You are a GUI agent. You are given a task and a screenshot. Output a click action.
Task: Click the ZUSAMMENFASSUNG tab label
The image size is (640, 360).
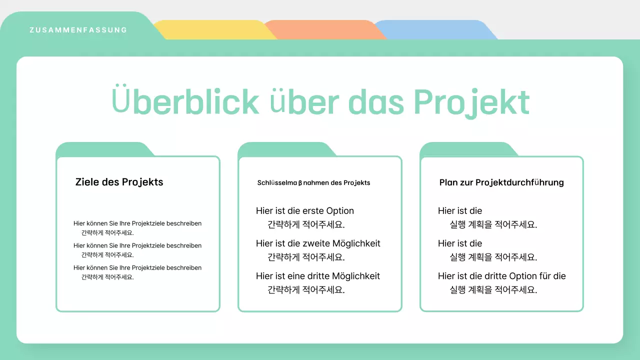(78, 30)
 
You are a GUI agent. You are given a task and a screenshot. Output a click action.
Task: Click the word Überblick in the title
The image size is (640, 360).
(185, 102)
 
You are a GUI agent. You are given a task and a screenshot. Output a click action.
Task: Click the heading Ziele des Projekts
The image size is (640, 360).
(119, 182)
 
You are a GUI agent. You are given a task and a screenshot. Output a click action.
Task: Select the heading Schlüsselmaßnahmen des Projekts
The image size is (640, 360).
(313, 183)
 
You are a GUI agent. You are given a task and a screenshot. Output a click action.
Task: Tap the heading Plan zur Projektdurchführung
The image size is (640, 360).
(501, 182)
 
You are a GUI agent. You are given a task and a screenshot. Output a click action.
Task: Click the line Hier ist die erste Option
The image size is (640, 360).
(305, 211)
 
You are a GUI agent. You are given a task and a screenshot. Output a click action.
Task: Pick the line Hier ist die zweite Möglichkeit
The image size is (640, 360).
(318, 243)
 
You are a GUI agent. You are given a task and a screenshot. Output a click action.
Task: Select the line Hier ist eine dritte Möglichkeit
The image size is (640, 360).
(318, 276)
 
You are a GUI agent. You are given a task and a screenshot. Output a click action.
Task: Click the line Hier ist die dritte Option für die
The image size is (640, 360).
(502, 276)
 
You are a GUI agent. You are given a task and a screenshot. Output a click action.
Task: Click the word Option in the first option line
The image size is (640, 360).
(340, 211)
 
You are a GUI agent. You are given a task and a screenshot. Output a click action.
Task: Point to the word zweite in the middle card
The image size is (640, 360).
(316, 243)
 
